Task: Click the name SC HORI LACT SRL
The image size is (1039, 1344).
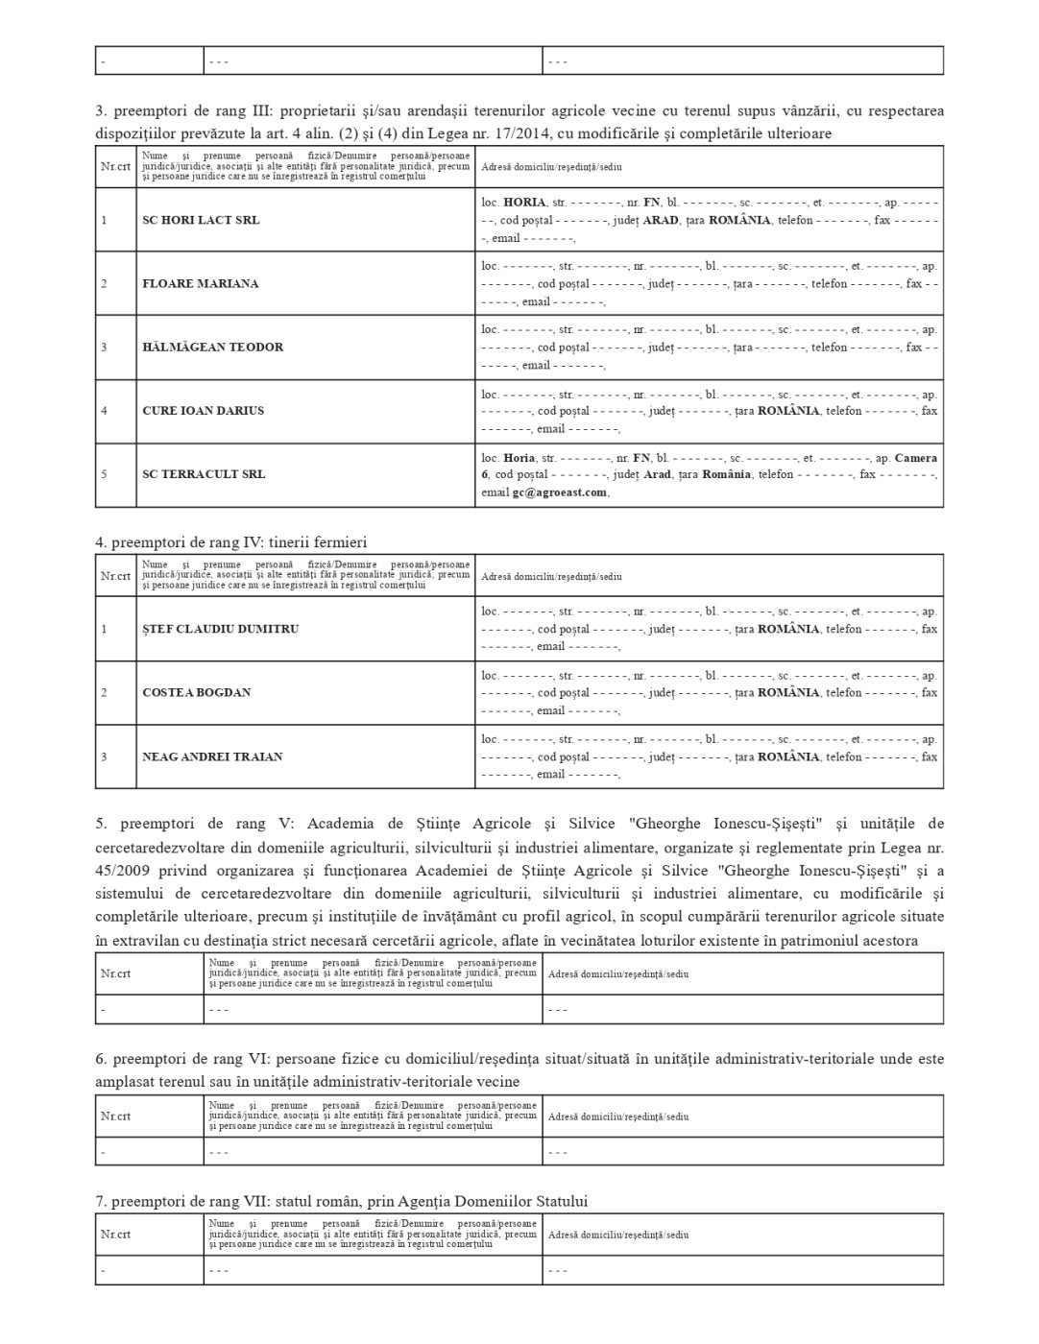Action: (201, 220)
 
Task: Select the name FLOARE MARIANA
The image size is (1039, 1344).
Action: (201, 283)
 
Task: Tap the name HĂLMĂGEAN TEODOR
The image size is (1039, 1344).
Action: (213, 347)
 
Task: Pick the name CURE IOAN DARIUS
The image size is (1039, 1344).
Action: (204, 410)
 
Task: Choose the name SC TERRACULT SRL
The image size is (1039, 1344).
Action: (204, 473)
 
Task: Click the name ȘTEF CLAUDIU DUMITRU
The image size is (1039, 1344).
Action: (221, 629)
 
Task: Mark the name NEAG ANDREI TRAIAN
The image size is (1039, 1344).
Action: (212, 756)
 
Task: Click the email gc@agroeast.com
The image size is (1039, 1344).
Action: (560, 492)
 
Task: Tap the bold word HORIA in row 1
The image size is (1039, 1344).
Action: (524, 203)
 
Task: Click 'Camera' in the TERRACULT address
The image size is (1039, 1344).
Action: (916, 458)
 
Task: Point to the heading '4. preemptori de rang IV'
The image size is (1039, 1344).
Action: (230, 542)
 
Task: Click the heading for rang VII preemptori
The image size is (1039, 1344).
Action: (341, 1201)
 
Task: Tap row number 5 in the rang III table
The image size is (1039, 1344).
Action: (104, 473)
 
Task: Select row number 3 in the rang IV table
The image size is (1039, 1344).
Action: (104, 756)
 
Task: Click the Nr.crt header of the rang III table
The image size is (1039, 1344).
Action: (115, 166)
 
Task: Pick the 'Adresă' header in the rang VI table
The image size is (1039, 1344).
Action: (618, 1116)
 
